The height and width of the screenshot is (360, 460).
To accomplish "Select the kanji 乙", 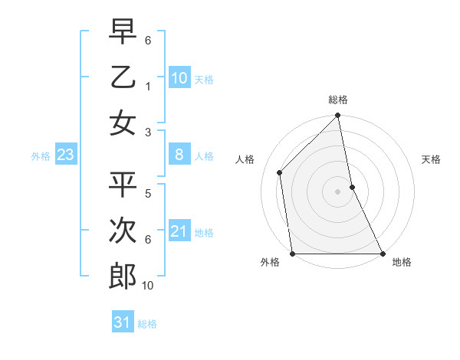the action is click(x=123, y=77).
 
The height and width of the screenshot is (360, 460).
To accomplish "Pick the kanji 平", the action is click(x=123, y=185).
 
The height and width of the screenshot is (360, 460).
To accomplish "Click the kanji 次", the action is click(x=123, y=231).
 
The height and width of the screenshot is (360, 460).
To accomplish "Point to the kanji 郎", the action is click(x=123, y=277).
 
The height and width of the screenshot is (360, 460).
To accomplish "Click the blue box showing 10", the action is click(x=179, y=78).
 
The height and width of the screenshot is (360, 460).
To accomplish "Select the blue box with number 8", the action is click(x=179, y=155).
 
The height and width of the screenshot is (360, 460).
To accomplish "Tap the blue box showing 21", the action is click(x=179, y=232).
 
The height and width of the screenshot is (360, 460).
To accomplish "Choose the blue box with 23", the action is click(x=65, y=155).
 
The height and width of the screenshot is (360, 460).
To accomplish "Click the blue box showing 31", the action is click(x=123, y=322).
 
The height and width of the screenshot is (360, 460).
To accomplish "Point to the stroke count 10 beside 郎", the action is click(x=148, y=286).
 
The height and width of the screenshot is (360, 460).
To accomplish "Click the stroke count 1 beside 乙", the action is click(x=148, y=87).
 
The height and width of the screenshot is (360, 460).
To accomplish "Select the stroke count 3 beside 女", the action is click(x=148, y=132).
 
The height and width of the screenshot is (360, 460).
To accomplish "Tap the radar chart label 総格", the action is click(x=338, y=100).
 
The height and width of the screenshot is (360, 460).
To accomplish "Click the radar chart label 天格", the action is click(x=432, y=159).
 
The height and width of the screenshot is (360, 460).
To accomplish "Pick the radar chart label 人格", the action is click(x=245, y=159).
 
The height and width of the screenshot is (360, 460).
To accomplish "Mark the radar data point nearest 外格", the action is click(x=292, y=254).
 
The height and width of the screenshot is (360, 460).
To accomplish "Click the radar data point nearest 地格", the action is click(x=383, y=254).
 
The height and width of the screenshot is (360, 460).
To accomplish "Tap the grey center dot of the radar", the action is click(x=337, y=191).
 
